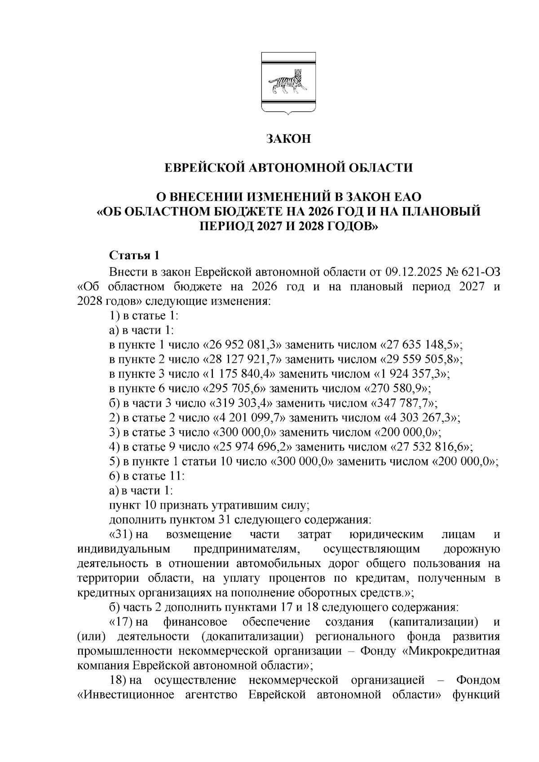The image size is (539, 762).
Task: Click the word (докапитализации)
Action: [255, 637]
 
